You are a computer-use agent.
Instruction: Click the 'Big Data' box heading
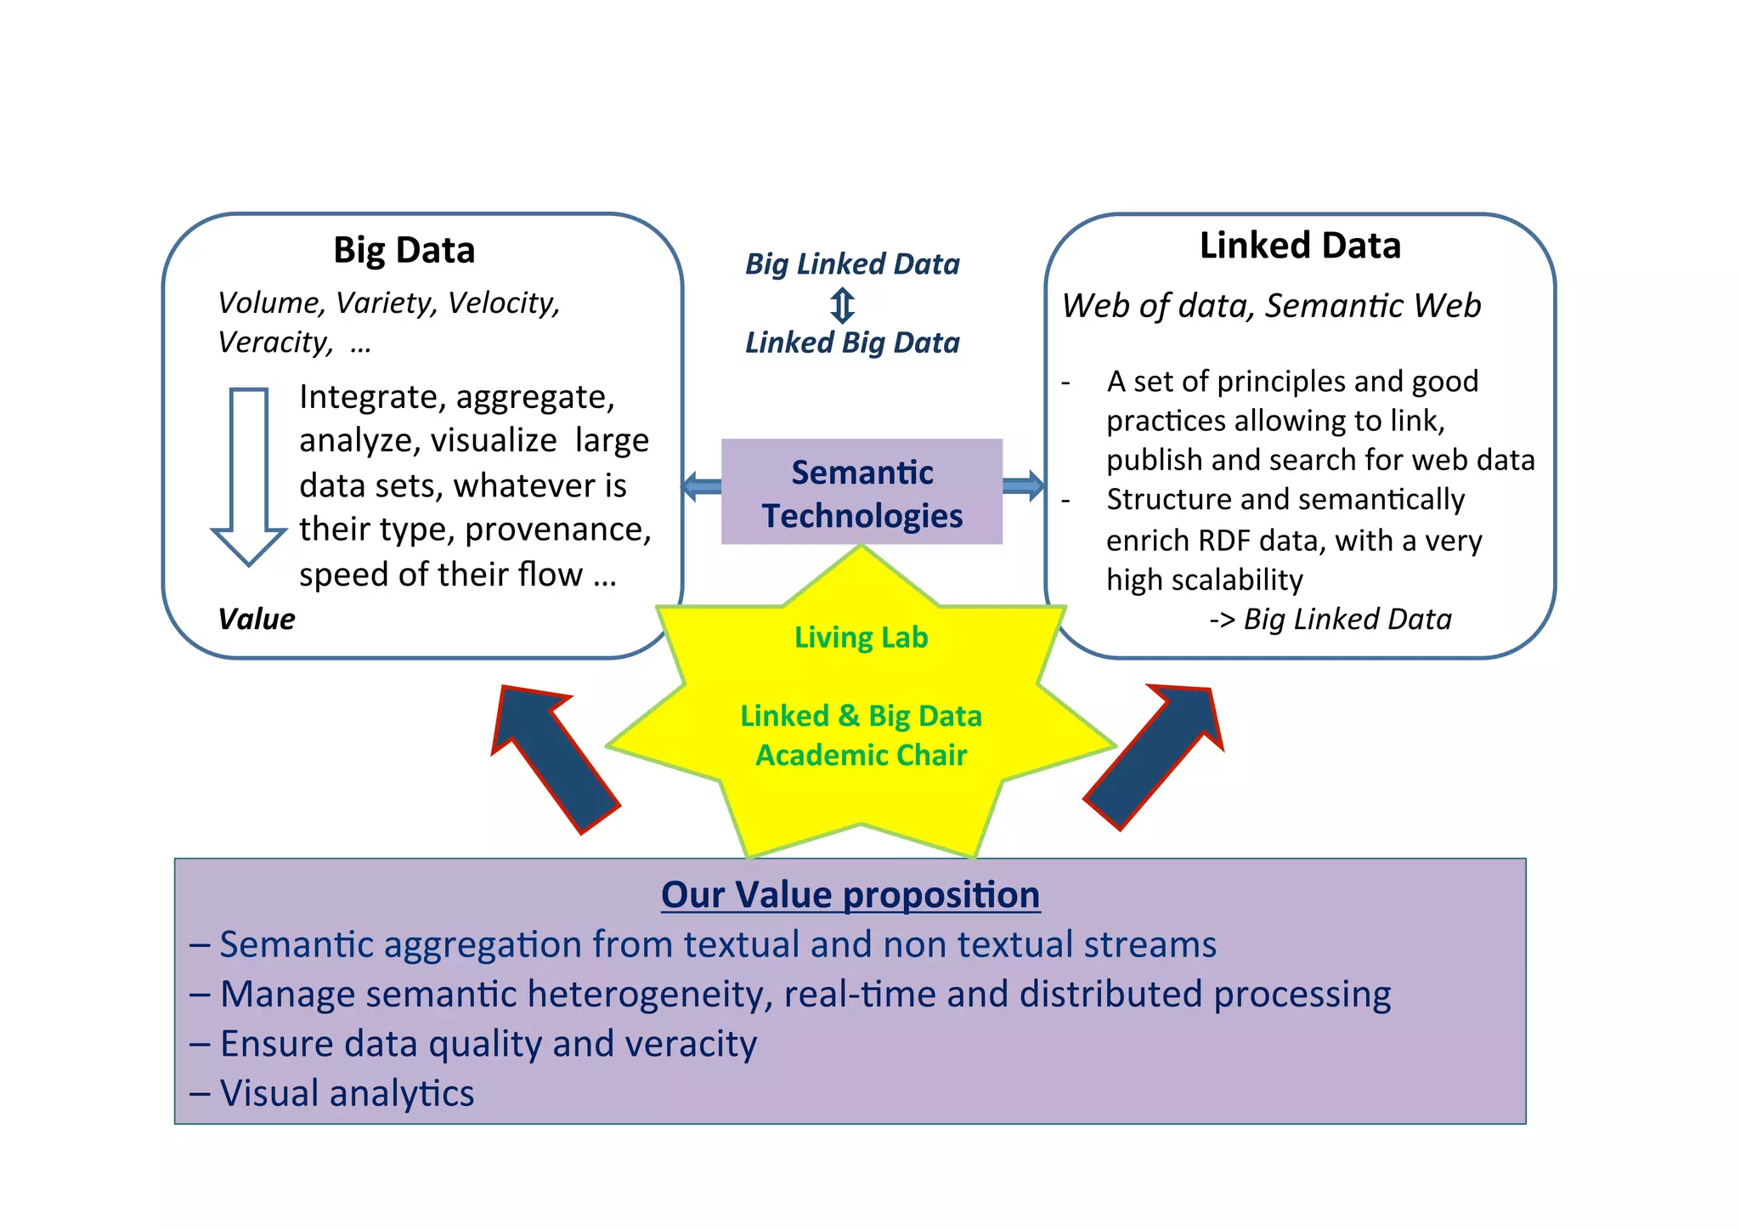click(x=404, y=250)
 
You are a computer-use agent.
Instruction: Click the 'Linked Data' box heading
click(x=1299, y=246)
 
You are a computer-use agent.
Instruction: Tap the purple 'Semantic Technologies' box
click(x=862, y=492)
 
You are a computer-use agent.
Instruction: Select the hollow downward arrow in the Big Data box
click(x=249, y=476)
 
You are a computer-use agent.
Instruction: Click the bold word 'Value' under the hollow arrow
click(x=256, y=619)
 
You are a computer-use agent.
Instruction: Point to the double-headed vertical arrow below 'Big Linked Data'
click(x=842, y=305)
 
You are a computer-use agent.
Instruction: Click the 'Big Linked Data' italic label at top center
click(x=852, y=264)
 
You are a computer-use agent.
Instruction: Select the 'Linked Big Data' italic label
click(x=852, y=343)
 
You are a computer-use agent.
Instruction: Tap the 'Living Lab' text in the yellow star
click(x=861, y=638)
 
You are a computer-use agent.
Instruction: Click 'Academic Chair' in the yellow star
click(x=861, y=755)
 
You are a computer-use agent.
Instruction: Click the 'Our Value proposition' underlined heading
click(x=850, y=895)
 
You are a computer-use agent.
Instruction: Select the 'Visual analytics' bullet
click(x=347, y=1093)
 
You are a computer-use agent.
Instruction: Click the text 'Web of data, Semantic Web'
click(x=1271, y=306)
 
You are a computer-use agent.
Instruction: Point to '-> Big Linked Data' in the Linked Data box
click(x=1330, y=619)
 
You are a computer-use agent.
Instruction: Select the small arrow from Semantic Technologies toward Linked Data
click(x=1024, y=485)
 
